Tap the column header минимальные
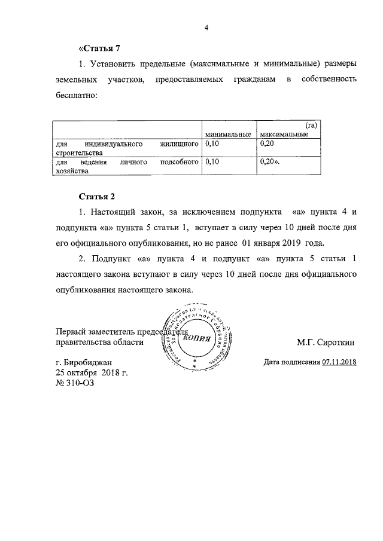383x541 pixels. pyautogui.click(x=226, y=135)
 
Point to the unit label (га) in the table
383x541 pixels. pyautogui.click(x=310, y=126)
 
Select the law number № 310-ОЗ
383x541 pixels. pyautogui.click(x=74, y=383)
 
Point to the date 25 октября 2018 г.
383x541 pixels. pyautogui.click(x=92, y=372)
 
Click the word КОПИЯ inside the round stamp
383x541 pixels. pyautogui.click(x=196, y=338)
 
